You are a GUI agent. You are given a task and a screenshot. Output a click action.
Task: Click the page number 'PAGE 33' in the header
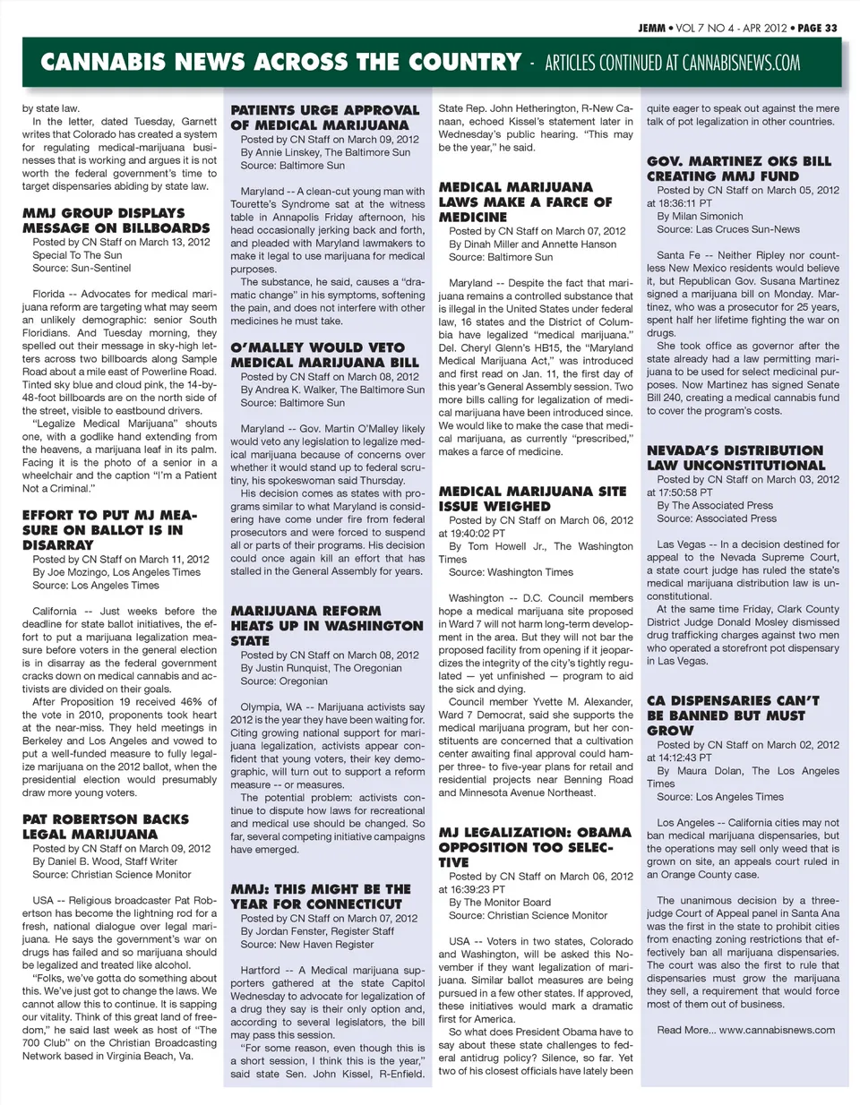coord(817,28)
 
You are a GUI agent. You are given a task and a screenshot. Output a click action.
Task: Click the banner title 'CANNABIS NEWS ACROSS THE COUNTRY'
coord(280,63)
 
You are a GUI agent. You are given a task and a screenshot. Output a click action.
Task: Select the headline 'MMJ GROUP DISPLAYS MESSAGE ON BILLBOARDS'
coord(104,220)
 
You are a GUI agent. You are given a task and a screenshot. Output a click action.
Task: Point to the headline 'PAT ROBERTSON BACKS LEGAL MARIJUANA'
coord(106,827)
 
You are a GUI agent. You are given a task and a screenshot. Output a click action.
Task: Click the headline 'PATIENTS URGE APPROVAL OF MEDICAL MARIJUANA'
coord(324,117)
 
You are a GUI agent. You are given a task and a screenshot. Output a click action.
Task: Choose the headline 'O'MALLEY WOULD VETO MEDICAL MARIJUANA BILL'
coord(324,355)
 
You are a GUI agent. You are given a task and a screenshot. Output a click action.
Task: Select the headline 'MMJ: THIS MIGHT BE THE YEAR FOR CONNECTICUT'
coord(321,896)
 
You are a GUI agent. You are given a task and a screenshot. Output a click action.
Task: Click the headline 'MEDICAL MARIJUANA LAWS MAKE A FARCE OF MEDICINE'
coord(525,201)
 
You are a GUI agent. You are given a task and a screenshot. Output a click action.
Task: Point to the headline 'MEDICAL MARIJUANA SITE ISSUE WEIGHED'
coord(532,499)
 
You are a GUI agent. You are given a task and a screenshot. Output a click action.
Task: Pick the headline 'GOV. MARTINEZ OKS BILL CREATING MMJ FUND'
coord(739,168)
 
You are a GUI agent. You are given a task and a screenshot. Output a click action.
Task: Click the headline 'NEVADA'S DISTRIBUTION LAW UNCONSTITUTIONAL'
coord(735,458)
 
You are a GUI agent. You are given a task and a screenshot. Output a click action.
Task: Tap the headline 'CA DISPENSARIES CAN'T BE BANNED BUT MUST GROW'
coord(733,715)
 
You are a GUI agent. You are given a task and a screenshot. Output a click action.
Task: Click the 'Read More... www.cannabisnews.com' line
coord(745,1030)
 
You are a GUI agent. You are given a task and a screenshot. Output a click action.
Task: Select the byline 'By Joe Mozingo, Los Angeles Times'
coord(116,572)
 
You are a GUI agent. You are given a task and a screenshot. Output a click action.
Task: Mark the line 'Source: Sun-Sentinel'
coord(82,268)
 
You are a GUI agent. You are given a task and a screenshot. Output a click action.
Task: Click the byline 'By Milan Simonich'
coord(700,216)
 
